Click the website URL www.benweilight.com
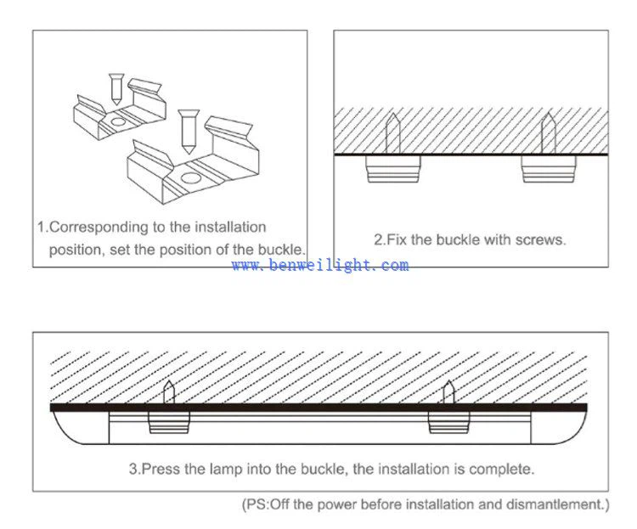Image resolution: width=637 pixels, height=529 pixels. (319, 266)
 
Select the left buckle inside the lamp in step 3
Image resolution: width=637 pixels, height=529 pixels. (169, 422)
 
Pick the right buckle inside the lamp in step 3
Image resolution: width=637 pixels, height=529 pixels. (448, 422)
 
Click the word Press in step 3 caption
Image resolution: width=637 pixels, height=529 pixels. (158, 468)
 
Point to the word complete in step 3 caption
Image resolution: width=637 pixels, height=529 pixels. (503, 468)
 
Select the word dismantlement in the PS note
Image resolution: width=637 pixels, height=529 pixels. (561, 505)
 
